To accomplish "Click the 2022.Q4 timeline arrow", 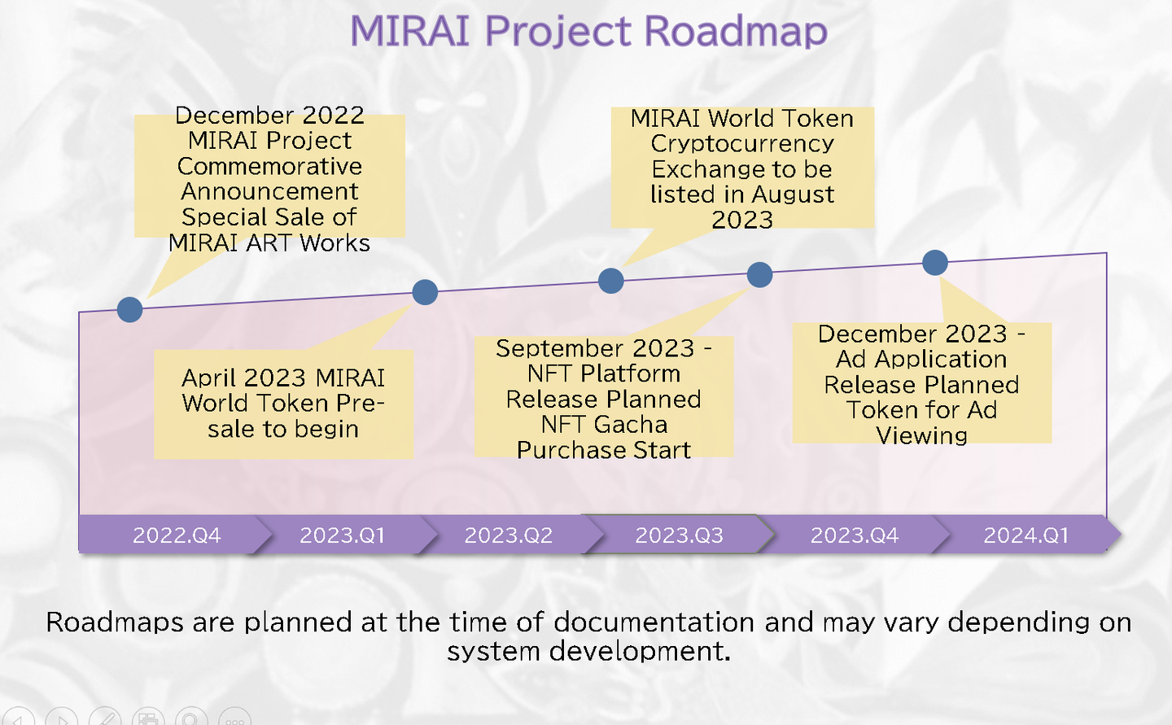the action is point(175,534).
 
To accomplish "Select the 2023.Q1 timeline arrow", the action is point(343,534).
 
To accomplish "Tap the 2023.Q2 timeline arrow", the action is point(509,534).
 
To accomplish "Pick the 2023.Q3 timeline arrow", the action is point(679,534).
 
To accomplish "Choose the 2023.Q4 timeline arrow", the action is point(855,534).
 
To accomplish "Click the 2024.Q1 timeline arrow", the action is point(1026,534).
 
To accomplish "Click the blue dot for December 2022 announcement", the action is point(129,310).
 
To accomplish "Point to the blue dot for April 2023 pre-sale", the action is point(425,292).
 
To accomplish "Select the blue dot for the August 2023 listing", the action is point(610,281).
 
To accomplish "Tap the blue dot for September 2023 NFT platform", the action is point(759,275).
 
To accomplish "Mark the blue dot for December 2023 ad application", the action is point(935,263).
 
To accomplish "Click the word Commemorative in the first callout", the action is point(269,166).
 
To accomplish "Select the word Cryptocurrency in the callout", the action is point(742,144).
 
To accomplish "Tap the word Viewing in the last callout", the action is point(921,436).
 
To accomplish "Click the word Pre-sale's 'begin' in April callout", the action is point(326,430).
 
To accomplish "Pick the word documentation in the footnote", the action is point(654,622).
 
